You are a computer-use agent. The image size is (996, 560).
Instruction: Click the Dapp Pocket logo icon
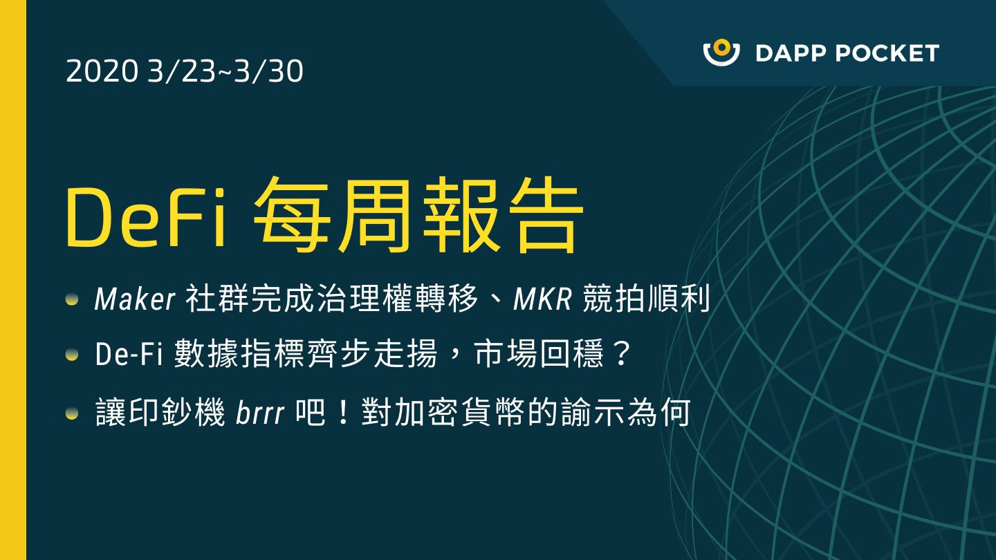[x=721, y=53]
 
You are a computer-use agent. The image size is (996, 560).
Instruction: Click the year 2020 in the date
[x=102, y=71]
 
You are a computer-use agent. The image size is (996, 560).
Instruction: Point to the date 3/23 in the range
[x=181, y=71]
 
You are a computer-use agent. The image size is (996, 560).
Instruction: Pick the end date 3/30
[x=268, y=71]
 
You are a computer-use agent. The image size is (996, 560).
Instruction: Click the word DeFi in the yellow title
[x=145, y=218]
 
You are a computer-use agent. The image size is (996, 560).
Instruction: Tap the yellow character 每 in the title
[x=292, y=215]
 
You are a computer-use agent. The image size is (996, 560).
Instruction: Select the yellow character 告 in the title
[x=546, y=215]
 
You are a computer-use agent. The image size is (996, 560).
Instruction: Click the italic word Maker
[x=135, y=299]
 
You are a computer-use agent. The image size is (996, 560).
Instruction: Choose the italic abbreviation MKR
[x=542, y=299]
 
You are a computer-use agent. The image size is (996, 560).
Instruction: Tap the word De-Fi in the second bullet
[x=128, y=354]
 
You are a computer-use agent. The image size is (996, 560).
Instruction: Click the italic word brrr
[x=259, y=412]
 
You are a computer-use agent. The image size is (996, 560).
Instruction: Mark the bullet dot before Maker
[x=72, y=299]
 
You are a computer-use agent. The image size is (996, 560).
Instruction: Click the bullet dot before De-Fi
[x=72, y=355]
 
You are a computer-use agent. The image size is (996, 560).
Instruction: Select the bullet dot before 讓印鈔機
[x=72, y=414]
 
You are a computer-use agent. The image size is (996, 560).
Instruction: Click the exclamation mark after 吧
[x=343, y=412]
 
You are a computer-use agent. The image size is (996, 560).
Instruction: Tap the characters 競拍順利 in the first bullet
[x=646, y=298]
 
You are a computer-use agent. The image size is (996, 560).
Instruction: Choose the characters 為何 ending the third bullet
[x=658, y=412]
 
